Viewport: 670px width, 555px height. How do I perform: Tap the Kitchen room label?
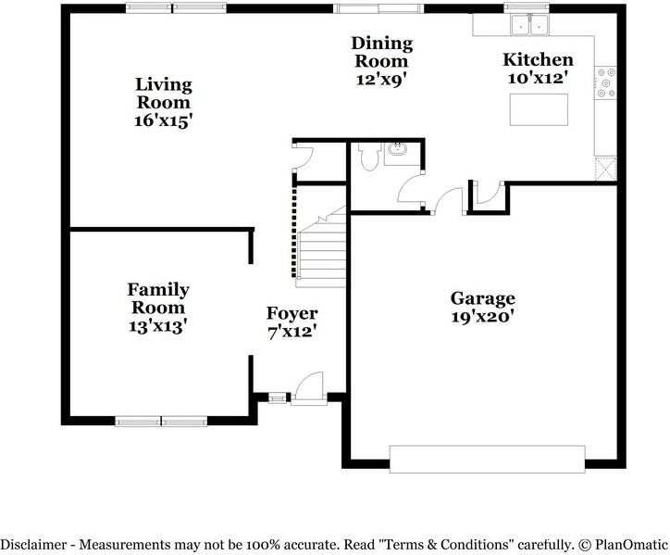pyautogui.click(x=538, y=59)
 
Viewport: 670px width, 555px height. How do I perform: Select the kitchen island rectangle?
pyautogui.click(x=539, y=109)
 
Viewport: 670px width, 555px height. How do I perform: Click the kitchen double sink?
pyautogui.click(x=530, y=25)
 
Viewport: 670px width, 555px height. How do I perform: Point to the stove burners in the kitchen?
pyautogui.click(x=606, y=83)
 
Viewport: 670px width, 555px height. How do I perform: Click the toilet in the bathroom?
pyautogui.click(x=369, y=157)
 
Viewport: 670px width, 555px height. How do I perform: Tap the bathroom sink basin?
pyautogui.click(x=398, y=149)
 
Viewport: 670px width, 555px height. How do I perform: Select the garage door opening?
pyautogui.click(x=487, y=460)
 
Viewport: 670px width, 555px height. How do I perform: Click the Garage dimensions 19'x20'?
pyautogui.click(x=482, y=317)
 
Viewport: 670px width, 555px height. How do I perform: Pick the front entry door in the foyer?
pyautogui.click(x=309, y=388)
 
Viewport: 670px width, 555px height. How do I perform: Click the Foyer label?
pyautogui.click(x=292, y=313)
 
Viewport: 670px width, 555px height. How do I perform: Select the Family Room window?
pyautogui.click(x=161, y=421)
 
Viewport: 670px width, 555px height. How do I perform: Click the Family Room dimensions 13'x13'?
pyautogui.click(x=158, y=326)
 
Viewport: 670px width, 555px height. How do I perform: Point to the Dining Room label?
pyautogui.click(x=381, y=52)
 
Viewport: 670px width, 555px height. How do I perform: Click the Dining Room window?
pyautogui.click(x=378, y=8)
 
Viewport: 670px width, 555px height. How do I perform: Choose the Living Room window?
pyautogui.click(x=176, y=8)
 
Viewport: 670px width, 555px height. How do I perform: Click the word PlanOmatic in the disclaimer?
pyautogui.click(x=631, y=545)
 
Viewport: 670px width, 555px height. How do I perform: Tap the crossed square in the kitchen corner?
pyautogui.click(x=606, y=169)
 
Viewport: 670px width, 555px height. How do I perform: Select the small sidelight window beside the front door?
pyautogui.click(x=278, y=398)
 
